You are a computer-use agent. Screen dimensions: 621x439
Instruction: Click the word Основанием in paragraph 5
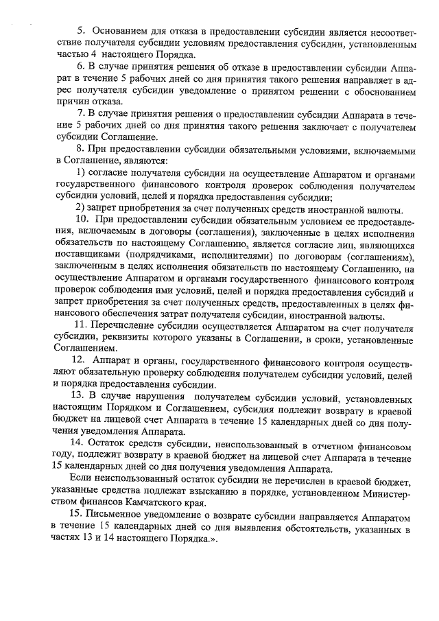121,32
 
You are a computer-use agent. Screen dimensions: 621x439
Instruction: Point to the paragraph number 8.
80,148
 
